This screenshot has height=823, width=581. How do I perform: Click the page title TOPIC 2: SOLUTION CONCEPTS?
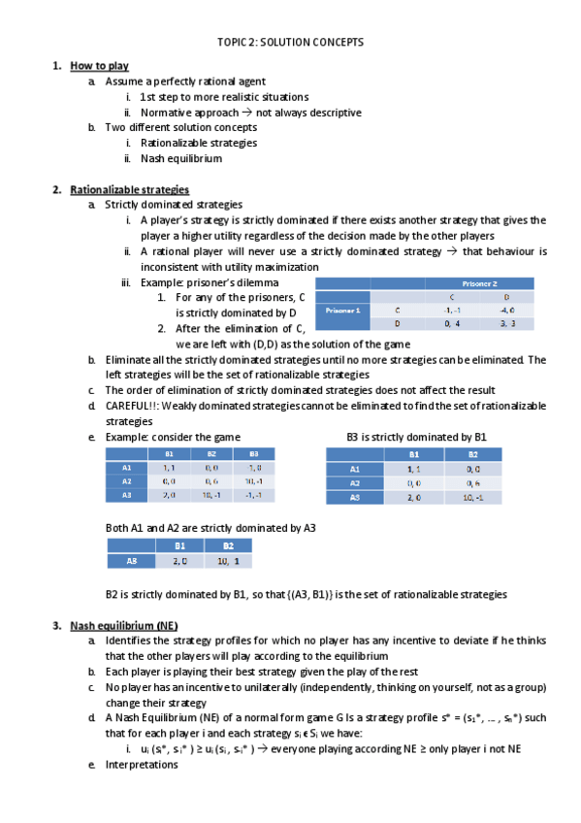pos(290,43)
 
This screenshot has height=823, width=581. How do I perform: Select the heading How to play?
pos(99,66)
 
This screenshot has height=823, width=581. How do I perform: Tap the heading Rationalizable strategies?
pos(129,189)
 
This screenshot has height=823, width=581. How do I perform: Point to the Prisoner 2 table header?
pos(479,283)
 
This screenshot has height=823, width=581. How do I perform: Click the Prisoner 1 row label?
pos(344,310)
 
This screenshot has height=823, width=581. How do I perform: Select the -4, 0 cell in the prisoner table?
pos(506,310)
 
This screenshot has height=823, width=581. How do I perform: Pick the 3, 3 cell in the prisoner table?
pos(506,323)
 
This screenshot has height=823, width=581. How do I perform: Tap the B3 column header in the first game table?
pos(253,453)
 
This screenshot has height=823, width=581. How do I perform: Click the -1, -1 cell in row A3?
pos(253,494)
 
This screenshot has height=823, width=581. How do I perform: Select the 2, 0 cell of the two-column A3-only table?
pos(179,560)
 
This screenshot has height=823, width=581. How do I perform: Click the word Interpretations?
pos(142,764)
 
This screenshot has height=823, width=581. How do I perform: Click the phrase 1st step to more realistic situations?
pos(224,97)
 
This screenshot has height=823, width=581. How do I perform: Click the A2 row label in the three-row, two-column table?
pos(354,482)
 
